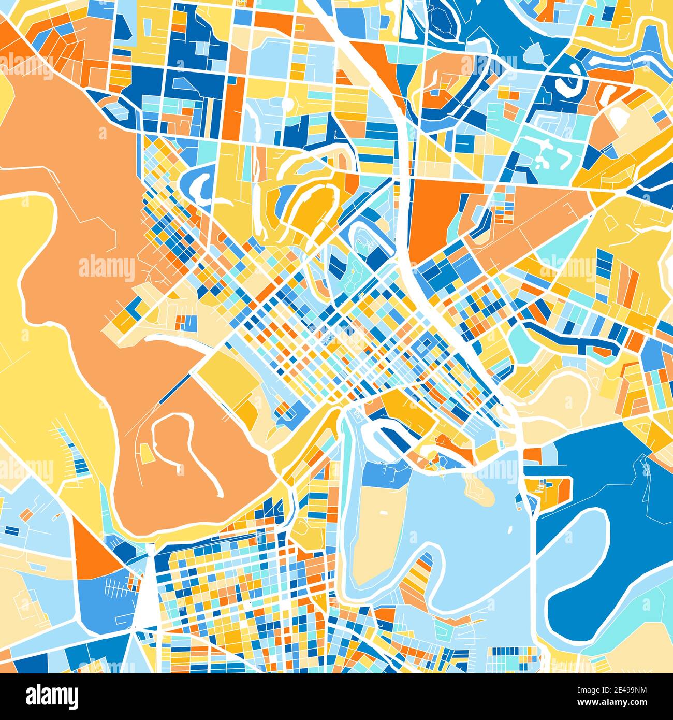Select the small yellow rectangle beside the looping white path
tap(147, 454)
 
